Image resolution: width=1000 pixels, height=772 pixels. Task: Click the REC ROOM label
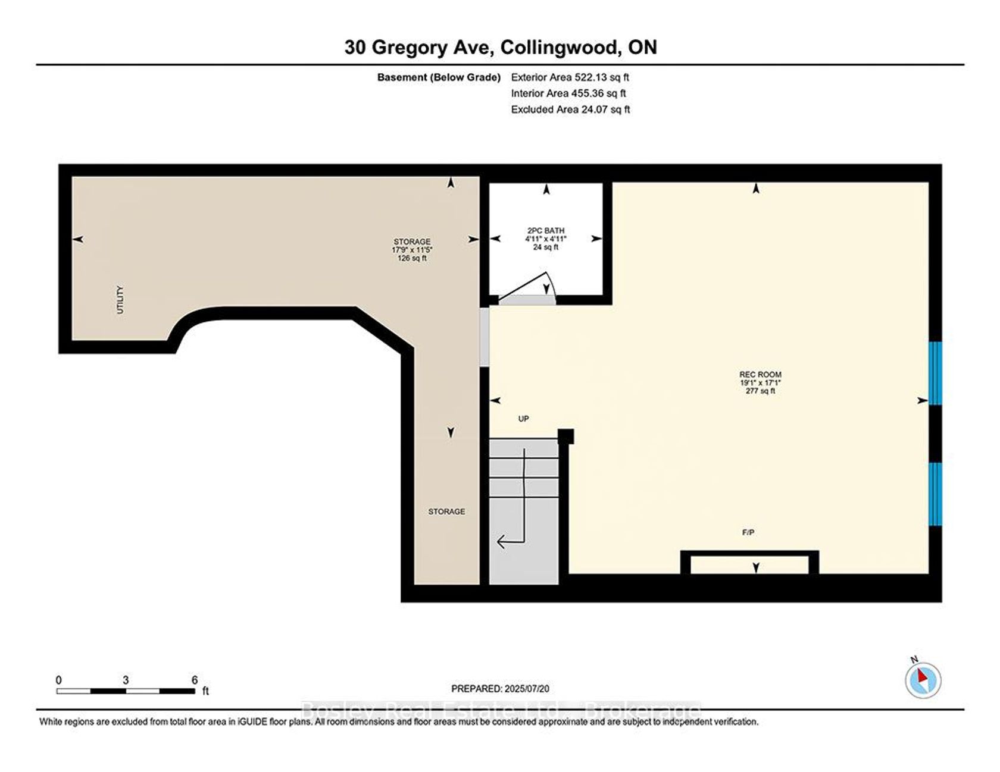[x=760, y=375]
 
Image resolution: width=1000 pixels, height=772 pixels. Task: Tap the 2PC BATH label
[x=546, y=231]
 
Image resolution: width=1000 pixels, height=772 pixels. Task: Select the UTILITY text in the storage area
[x=120, y=300]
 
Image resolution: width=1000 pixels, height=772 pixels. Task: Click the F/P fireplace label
[x=748, y=533]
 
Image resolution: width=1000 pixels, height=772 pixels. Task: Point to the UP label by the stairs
[x=523, y=419]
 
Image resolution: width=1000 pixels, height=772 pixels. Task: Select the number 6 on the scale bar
[x=195, y=680]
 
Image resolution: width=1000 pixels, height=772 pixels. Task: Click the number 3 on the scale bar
[x=126, y=680]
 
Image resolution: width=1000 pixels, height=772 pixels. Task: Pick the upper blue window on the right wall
[x=936, y=374]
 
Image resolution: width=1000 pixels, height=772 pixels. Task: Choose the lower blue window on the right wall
[x=936, y=494]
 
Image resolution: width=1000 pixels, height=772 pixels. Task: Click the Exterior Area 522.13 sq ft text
[x=570, y=77]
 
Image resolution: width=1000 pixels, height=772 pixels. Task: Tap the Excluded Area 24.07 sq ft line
[x=570, y=109]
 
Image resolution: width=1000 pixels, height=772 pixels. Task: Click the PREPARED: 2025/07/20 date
[x=500, y=689]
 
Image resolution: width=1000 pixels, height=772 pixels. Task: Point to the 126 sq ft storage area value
[x=412, y=258]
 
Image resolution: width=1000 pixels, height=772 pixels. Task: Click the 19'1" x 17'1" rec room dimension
[x=760, y=383]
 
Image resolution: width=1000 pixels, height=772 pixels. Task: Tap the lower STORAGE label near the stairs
[x=446, y=511]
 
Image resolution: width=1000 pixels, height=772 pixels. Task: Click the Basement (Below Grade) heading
[x=439, y=77]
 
